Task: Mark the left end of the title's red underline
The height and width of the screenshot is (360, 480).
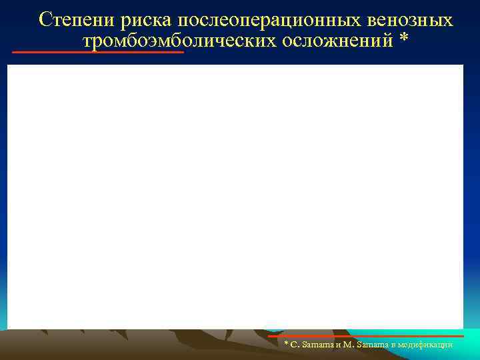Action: (x=14, y=52)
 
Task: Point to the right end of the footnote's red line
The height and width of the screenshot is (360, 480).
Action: (x=462, y=336)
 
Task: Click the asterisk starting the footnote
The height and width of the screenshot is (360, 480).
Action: (x=286, y=344)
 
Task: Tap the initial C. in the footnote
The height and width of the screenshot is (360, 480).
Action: (x=293, y=345)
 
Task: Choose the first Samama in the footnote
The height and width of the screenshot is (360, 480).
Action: (x=314, y=345)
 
